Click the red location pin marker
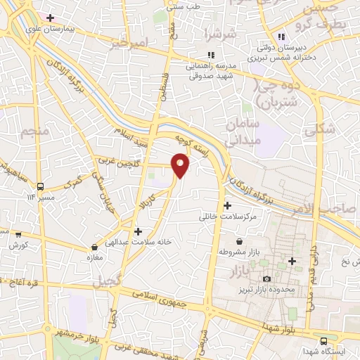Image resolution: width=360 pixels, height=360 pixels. pyautogui.click(x=181, y=165)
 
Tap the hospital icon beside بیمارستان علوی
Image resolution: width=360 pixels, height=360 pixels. pyautogui.click(x=49, y=17)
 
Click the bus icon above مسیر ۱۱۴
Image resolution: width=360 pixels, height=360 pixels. pyautogui.click(x=40, y=187)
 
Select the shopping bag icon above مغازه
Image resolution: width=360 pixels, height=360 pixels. pyautogui.click(x=94, y=247)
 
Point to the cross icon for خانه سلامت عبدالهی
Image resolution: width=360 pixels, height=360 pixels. pyautogui.click(x=138, y=231)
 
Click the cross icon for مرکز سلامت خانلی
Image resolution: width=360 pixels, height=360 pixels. pyautogui.click(x=227, y=205)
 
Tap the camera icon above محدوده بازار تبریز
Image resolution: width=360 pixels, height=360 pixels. pyautogui.click(x=266, y=279)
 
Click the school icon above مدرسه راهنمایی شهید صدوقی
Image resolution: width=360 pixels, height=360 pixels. pyautogui.click(x=210, y=55)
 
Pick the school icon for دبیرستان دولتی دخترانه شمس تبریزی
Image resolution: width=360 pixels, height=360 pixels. pyautogui.click(x=281, y=37)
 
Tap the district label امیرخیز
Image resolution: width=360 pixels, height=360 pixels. pyautogui.click(x=131, y=44)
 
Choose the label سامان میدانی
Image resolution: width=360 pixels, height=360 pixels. pyautogui.click(x=243, y=131)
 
